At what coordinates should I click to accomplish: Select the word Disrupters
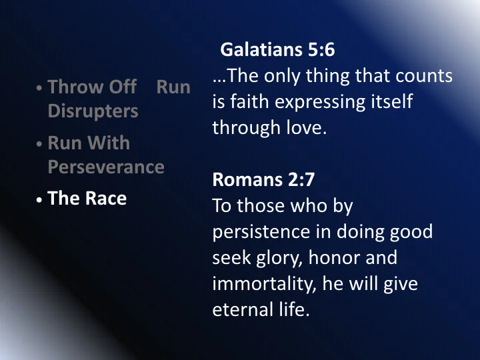[93, 111]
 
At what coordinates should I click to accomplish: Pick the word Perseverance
[106, 167]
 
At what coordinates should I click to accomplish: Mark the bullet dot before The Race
[41, 199]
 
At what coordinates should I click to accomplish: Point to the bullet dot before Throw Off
[41, 87]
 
